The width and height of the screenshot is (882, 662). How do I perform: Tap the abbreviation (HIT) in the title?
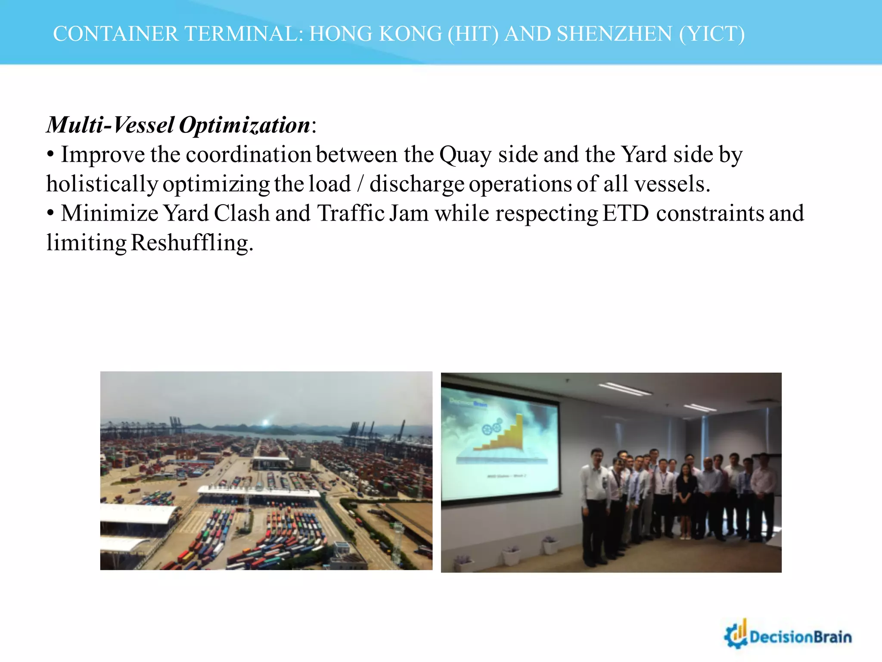[x=473, y=34]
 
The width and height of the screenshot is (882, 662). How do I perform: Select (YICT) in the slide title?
[x=711, y=34]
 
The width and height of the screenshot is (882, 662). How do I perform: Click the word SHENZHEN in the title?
[x=614, y=34]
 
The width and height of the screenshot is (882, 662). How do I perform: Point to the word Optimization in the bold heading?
[x=244, y=125]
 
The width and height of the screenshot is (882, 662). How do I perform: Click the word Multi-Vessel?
[x=110, y=125]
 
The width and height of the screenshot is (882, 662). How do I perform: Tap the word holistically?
[x=102, y=184]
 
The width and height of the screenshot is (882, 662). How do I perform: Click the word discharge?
[x=416, y=184]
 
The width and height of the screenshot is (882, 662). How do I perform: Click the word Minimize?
[x=109, y=213]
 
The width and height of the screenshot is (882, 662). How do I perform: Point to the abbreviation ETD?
[x=625, y=213]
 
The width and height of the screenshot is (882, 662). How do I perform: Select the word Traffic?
[x=351, y=213]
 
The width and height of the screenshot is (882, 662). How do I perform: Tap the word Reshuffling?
[x=192, y=243]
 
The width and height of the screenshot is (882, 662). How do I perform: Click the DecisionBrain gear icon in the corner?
[x=736, y=635]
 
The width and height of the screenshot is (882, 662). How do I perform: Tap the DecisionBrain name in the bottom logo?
[x=801, y=637]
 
